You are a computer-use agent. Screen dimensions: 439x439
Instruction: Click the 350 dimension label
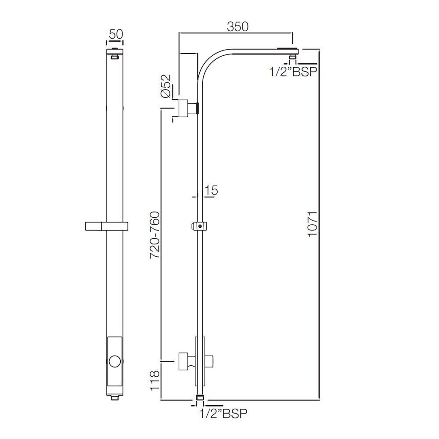[x=237, y=26]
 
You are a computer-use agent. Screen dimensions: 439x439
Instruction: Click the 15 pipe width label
[x=211, y=191]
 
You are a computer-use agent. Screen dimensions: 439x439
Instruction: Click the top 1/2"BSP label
[x=293, y=72]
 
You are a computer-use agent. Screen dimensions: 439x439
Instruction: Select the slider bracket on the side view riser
[x=200, y=227]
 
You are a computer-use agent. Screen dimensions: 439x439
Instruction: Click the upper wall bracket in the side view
[x=186, y=107]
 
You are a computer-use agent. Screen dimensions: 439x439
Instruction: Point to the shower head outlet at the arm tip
[x=292, y=55]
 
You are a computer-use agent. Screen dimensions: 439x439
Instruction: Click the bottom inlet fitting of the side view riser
[x=200, y=397]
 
